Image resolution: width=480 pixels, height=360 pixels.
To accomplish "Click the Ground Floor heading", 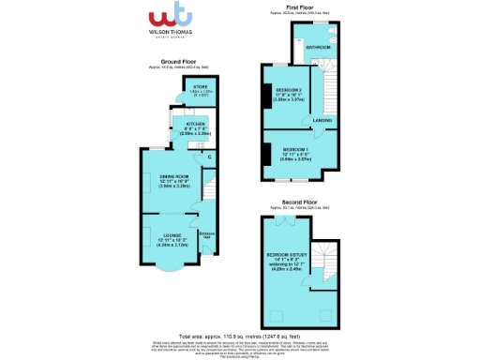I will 171,61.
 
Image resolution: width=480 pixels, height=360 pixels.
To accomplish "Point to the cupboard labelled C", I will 209,157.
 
